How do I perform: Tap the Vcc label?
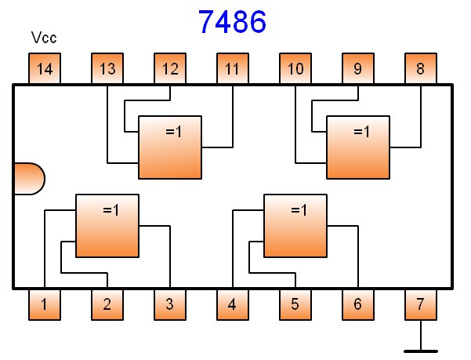pos(44,38)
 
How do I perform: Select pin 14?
pos(45,69)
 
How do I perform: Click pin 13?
pos(107,69)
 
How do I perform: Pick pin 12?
pos(170,69)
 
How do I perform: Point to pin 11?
pos(233,69)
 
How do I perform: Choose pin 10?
pos(295,69)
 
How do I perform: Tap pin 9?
pos(358,69)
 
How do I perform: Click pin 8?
pos(421,69)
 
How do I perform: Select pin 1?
pos(45,304)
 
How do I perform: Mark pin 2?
pos(107,304)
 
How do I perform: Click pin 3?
pos(170,304)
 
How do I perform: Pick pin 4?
pos(233,304)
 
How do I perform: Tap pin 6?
pos(358,304)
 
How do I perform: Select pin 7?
pos(421,304)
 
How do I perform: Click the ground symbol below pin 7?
pos(421,347)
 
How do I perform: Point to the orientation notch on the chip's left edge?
pos(28,178)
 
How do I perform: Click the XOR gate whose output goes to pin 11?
pos(170,147)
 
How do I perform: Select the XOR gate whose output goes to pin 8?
pos(358,147)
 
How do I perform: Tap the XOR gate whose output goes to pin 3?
pos(107,225)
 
